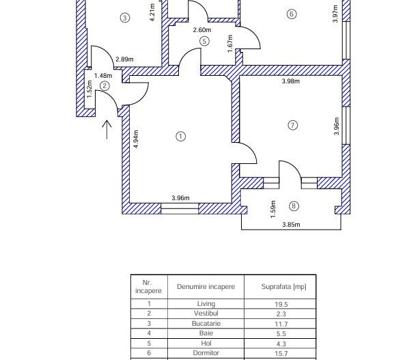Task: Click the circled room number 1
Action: pos(181,136)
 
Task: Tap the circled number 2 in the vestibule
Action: pos(104,86)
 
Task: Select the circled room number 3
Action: pos(124,18)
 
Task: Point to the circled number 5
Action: pos(204,41)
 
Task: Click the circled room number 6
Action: pos(292,14)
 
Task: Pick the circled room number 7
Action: pos(293,125)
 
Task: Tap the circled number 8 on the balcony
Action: pos(294,206)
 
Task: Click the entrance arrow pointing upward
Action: pos(107,129)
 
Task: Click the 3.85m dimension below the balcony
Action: pos(291,224)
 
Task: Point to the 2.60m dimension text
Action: pos(201,30)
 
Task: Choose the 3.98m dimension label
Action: pos(291,81)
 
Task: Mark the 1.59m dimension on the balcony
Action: pos(273,206)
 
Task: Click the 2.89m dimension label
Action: pos(124,59)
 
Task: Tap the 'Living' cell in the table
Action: pos(206,304)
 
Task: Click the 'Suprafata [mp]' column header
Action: pos(283,287)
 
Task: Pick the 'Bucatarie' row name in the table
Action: pos(206,324)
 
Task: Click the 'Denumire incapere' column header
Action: pos(206,287)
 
